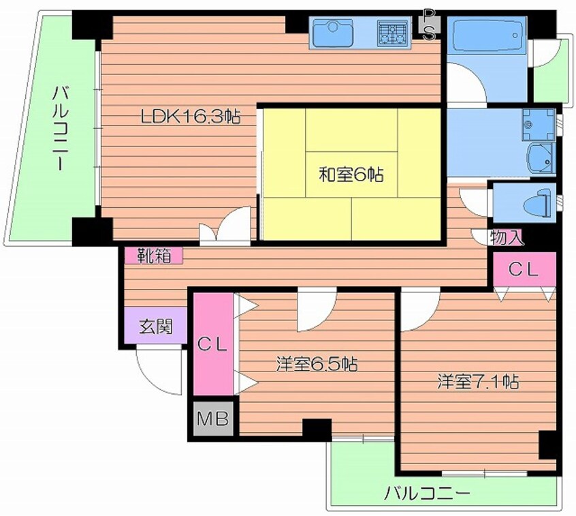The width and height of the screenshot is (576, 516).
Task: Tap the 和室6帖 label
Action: point(351,175)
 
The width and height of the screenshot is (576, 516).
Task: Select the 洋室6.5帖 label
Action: point(317,364)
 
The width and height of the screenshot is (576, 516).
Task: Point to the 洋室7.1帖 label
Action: point(478,382)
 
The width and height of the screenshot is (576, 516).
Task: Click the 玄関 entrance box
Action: point(155,327)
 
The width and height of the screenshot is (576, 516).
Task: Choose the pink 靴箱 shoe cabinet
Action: point(153,256)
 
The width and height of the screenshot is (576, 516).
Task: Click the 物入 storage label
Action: point(507,237)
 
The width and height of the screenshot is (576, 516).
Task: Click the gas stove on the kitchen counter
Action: point(392,33)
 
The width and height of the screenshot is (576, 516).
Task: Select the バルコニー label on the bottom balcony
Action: point(426,493)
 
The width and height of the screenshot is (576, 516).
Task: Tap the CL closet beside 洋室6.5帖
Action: point(212,344)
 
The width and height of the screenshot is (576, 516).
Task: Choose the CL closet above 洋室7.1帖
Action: point(524,269)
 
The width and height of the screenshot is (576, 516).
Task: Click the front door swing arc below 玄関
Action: point(158,371)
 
